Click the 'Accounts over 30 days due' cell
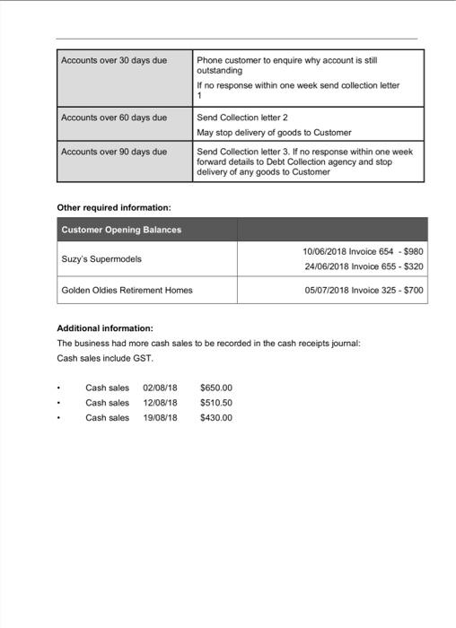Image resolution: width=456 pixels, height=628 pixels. (114, 60)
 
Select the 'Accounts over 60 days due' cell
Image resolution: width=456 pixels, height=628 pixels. (114, 118)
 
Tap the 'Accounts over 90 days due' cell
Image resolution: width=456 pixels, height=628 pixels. (114, 152)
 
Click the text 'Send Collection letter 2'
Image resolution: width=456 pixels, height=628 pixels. (241, 118)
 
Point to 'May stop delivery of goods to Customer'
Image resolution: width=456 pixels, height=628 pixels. (274, 133)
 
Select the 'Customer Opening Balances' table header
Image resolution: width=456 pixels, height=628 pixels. (121, 230)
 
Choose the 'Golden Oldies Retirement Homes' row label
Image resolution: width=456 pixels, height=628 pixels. (127, 291)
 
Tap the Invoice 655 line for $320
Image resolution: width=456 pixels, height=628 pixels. (363, 266)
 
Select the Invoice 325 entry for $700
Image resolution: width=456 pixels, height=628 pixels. (364, 291)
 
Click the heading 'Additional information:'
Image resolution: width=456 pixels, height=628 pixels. (105, 328)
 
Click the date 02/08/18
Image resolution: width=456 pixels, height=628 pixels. (160, 388)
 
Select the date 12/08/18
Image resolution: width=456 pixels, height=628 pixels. (160, 403)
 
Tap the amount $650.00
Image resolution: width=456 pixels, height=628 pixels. (216, 388)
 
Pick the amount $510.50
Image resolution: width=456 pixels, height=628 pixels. (216, 403)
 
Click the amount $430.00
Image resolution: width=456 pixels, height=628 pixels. (216, 417)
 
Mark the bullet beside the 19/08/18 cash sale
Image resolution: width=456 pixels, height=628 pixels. (59, 418)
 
